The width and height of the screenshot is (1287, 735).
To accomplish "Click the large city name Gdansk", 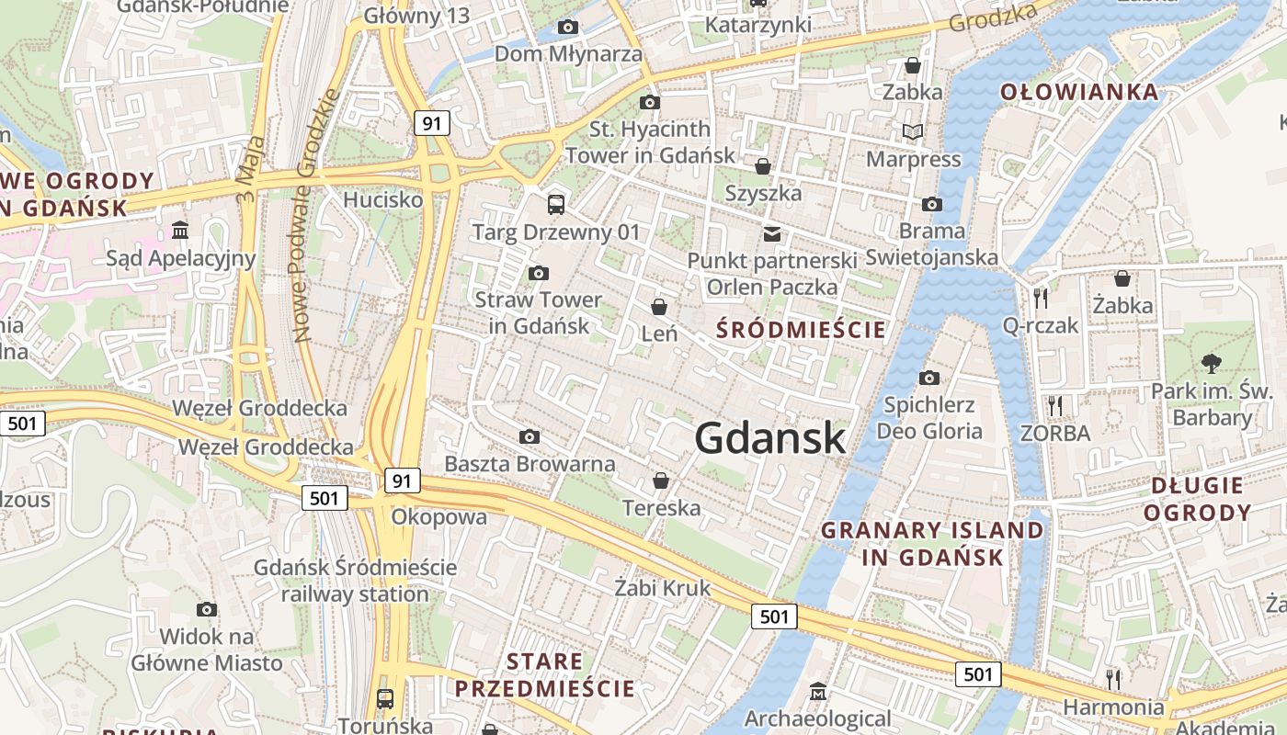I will (x=769, y=438).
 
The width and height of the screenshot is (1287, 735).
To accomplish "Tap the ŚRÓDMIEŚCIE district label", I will (x=802, y=330).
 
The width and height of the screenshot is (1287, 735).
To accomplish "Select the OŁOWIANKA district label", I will (x=1079, y=92).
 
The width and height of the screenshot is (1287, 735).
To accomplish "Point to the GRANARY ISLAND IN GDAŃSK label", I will (x=932, y=543).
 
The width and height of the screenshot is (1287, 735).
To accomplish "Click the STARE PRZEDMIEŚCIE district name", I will (x=544, y=674).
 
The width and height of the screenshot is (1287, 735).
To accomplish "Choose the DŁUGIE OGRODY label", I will (x=1197, y=498).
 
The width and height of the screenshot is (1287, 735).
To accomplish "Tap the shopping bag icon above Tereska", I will (x=660, y=481).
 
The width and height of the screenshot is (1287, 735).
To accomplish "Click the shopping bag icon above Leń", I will (x=659, y=306).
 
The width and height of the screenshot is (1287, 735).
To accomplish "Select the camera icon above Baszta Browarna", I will (x=530, y=436).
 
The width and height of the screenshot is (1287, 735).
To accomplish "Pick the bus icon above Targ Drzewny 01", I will (x=555, y=204).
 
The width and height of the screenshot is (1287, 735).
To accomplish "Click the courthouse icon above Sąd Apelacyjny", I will (x=180, y=230).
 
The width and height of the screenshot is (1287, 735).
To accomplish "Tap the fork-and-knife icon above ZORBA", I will (x=1054, y=404).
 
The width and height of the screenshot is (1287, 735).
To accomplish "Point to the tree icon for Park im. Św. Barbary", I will (x=1212, y=364).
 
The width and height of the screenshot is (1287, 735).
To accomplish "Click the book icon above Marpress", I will (x=913, y=132).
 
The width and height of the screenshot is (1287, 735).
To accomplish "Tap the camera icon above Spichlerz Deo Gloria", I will (x=929, y=378).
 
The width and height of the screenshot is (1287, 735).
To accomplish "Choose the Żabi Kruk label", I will (x=662, y=588).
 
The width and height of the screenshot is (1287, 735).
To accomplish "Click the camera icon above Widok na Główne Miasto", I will (x=207, y=609).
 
